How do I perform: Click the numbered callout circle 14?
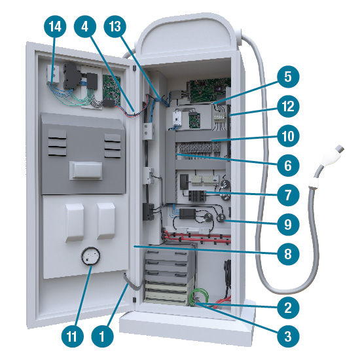55,26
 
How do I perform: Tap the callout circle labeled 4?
85,26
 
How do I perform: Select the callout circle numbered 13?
115,26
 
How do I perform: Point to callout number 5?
288,77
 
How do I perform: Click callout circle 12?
288,106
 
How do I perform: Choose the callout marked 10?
288,136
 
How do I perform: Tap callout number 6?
288,166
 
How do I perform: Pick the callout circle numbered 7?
288,195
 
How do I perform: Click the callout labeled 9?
288,225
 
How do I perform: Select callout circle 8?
288,254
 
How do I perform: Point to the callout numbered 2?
288,308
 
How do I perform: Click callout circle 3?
288,336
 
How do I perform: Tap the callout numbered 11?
72,336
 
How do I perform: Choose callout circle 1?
102,336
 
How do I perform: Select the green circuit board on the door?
111,88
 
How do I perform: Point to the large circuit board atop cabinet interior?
209,90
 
